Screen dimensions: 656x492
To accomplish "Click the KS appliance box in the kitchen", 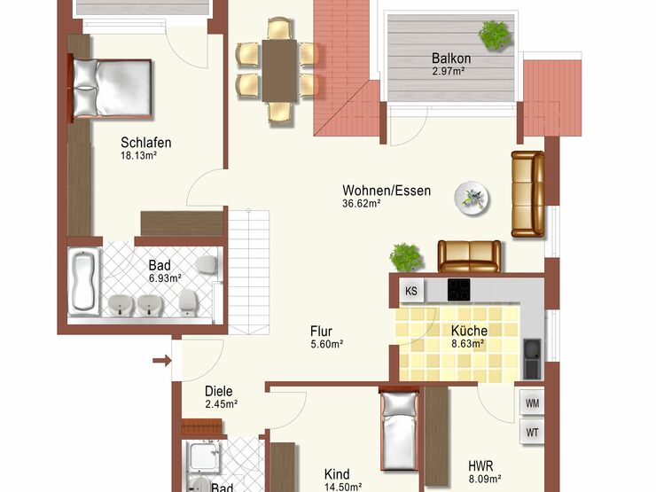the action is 411,291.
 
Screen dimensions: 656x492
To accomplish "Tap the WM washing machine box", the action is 532,403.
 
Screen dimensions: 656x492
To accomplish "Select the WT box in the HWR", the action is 532,432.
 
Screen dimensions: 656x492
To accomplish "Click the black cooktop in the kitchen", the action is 459,290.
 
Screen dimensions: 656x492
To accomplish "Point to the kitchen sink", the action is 532,359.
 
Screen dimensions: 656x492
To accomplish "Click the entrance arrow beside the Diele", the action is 162,360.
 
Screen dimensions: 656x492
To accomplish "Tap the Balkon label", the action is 451,58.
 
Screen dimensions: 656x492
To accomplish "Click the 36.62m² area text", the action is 362,204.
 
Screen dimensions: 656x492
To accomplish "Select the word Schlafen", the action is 146,143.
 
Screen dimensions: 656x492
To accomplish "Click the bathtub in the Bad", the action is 83,281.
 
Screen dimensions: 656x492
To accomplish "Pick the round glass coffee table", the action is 472,198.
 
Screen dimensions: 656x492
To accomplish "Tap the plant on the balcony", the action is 495,35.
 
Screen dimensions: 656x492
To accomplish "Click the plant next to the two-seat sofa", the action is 405,257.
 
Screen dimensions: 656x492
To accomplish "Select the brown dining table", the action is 280,70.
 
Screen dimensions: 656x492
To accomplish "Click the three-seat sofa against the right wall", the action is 528,194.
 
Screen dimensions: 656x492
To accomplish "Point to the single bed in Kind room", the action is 399,431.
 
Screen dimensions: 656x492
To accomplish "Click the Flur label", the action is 321,332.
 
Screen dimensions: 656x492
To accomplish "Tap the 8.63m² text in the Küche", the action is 468,344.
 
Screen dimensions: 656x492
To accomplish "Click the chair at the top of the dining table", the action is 279,28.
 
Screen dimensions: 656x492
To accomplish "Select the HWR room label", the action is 480,465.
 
